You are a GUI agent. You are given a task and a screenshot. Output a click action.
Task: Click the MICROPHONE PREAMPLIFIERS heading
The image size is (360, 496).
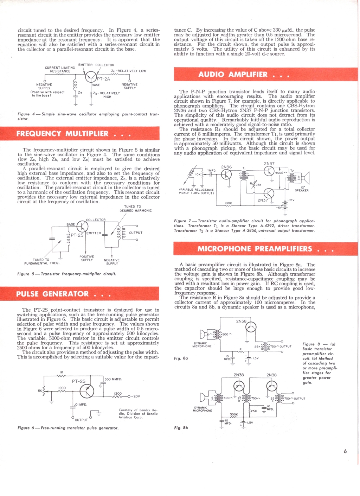pyautogui.click(x=255, y=249)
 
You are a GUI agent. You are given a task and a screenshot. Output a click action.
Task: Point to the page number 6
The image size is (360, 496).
pyautogui.click(x=345, y=451)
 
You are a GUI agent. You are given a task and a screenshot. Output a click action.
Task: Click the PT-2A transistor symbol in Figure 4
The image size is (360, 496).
pyautogui.click(x=91, y=77)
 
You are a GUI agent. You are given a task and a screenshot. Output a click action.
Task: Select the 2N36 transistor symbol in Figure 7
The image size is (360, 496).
pyautogui.click(x=226, y=174)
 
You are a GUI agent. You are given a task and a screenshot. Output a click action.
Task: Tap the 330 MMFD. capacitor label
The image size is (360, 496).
pyautogui.click(x=113, y=379)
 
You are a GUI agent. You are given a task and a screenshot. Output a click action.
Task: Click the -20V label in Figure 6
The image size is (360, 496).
pyautogui.click(x=135, y=396)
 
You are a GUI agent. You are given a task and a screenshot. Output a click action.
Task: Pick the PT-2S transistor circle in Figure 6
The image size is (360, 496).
pyautogui.click(x=86, y=391)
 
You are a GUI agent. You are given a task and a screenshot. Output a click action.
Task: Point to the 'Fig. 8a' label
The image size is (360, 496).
pyautogui.click(x=181, y=358)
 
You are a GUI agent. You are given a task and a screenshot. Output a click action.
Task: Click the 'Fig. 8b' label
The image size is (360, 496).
pyautogui.click(x=181, y=428)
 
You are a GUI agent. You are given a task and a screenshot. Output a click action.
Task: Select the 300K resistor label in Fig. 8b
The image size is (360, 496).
pyautogui.click(x=234, y=414)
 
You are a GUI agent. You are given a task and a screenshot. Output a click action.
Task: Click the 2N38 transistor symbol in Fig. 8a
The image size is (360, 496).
pyautogui.click(x=251, y=327)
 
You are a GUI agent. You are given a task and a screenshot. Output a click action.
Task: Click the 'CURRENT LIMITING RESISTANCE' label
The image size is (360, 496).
pyautogui.click(x=60, y=69)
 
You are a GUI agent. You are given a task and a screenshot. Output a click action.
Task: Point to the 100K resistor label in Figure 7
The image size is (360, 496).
pyautogui.click(x=229, y=203)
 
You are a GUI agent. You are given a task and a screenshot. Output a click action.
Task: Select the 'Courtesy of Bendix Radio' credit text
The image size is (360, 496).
pyautogui.click(x=138, y=414)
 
